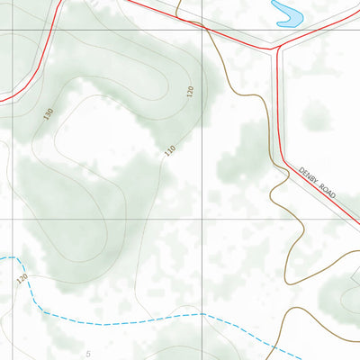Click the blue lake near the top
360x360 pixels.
(x=287, y=13)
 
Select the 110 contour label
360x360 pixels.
(x=169, y=150)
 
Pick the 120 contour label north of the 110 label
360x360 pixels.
(x=190, y=92)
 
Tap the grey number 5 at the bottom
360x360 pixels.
(x=88, y=354)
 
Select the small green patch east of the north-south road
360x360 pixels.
(x=316, y=115)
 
